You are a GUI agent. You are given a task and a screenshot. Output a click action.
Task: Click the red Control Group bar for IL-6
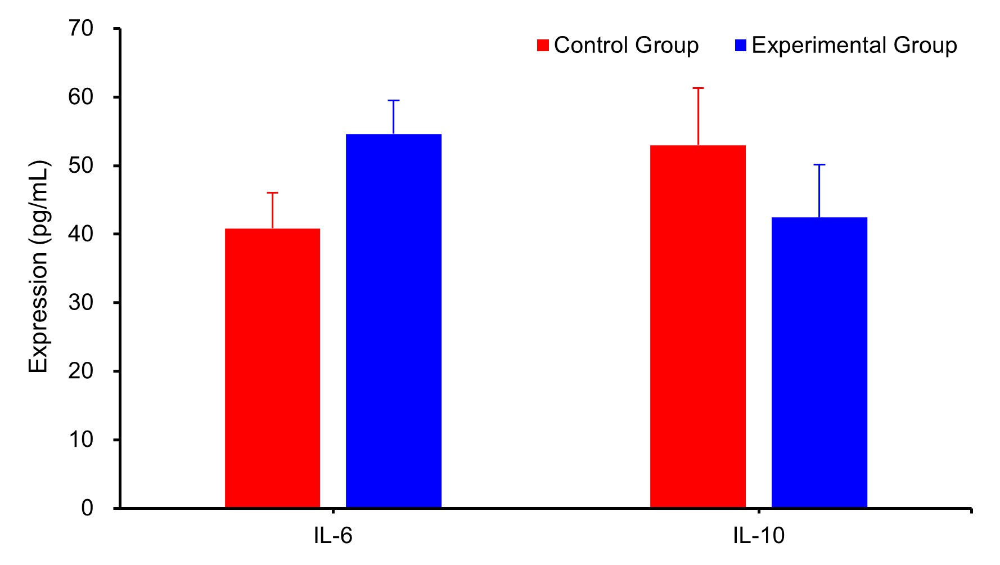click(272, 368)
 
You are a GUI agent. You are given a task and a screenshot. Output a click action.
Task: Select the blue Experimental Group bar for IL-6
click(393, 321)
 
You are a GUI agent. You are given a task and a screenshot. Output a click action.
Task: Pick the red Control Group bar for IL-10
click(697, 326)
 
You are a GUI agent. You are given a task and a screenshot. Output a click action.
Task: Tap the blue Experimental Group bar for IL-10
click(819, 362)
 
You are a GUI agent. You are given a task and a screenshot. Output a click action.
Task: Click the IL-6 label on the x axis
click(333, 536)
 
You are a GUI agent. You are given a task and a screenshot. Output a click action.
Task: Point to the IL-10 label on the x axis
click(758, 536)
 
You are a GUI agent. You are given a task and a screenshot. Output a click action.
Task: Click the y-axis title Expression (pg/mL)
click(39, 267)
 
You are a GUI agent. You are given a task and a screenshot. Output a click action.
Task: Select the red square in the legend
click(543, 46)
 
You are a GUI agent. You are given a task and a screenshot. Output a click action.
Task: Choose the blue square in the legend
click(741, 46)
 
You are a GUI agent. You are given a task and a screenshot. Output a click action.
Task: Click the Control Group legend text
click(626, 45)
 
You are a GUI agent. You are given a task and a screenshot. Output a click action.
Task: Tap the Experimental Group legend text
click(854, 45)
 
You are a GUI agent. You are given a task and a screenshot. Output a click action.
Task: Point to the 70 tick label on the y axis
click(81, 28)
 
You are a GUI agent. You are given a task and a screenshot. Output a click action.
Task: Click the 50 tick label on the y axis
click(81, 165)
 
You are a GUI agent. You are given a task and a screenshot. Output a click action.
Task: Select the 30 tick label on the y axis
click(81, 303)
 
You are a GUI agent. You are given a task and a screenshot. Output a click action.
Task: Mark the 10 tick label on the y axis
click(81, 440)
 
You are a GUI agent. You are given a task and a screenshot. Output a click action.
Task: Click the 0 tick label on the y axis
click(87, 508)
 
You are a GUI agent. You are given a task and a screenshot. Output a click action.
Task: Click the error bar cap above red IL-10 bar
click(698, 88)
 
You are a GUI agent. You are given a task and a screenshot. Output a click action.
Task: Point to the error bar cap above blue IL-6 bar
click(393, 101)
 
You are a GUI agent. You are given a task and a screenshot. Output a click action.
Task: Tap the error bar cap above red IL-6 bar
click(272, 193)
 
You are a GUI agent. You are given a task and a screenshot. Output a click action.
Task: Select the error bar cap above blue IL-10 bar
click(819, 165)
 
